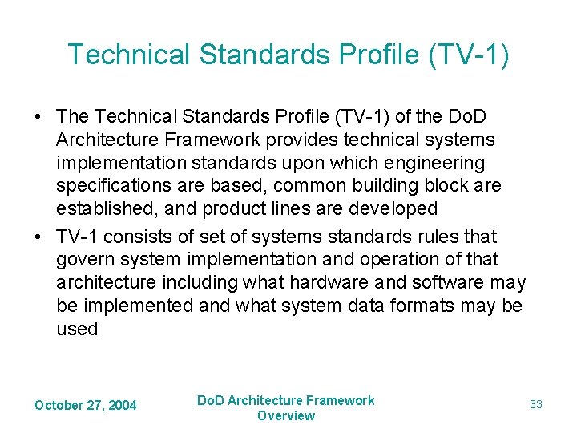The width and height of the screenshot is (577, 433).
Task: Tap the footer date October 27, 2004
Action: [86, 406]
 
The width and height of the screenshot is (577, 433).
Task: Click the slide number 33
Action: [536, 405]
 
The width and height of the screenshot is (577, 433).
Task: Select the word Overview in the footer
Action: [286, 415]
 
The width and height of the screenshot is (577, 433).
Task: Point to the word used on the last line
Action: [77, 330]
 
